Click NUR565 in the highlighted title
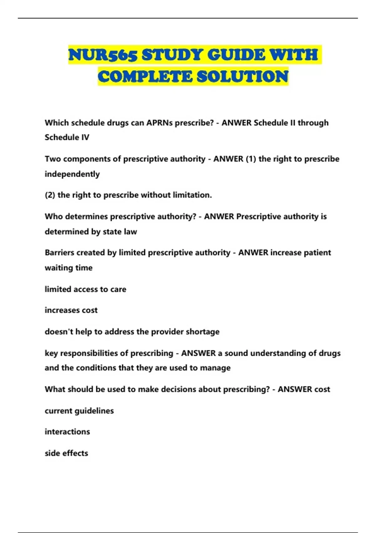pyautogui.click(x=102, y=55)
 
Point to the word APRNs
pyautogui.click(x=159, y=123)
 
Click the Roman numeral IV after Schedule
pyautogui.click(x=85, y=138)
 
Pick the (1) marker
pyautogui.click(x=251, y=159)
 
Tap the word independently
pyautogui.click(x=72, y=174)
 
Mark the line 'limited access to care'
pyautogui.click(x=85, y=289)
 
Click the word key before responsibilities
pyautogui.click(x=51, y=353)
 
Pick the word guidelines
pyautogui.click(x=94, y=411)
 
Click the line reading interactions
pyautogui.click(x=67, y=432)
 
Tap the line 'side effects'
pyautogui.click(x=66, y=453)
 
